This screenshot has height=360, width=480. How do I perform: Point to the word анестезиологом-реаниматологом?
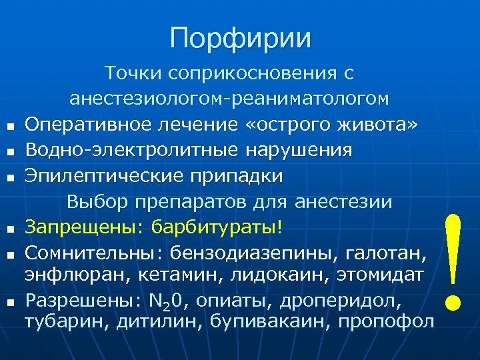click(229, 99)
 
